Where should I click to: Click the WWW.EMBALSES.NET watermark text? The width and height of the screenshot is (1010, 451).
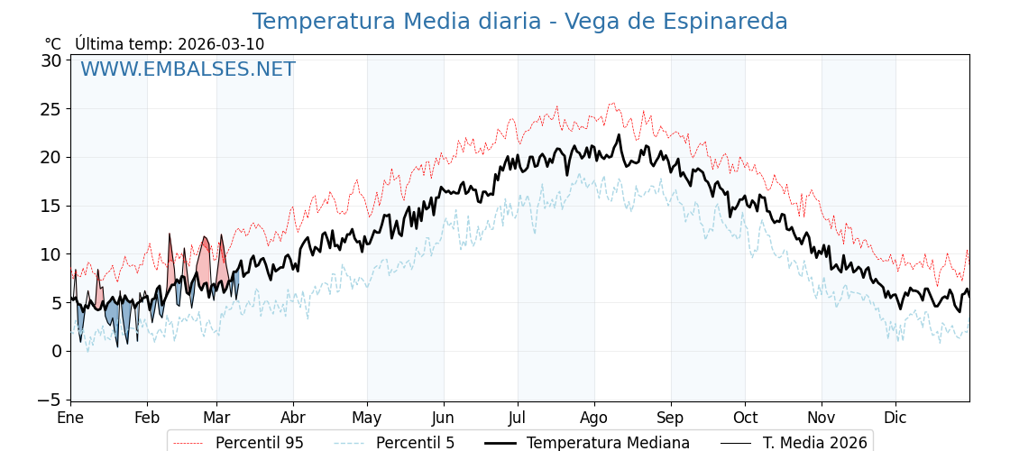tap(188, 69)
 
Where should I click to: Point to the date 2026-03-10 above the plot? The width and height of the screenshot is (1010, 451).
tap(221, 44)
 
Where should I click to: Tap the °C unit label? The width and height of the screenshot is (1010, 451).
tap(53, 44)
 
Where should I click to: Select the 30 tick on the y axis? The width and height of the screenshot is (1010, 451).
tap(50, 60)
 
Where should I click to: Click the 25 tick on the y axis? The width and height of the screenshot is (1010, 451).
tap(50, 109)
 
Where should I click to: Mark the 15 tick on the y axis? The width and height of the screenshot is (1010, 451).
tap(50, 206)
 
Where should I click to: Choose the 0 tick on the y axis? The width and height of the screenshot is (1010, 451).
tap(55, 351)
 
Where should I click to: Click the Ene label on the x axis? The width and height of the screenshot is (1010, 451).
tap(70, 418)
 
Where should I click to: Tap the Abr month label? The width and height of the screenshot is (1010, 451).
tap(293, 418)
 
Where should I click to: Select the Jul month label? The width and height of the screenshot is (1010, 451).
tap(518, 418)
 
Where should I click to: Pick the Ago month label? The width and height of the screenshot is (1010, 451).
tap(594, 418)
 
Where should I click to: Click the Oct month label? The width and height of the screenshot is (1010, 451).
tap(745, 418)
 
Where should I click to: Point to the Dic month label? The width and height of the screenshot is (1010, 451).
tap(895, 418)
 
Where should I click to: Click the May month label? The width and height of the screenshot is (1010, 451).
tap(367, 418)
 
